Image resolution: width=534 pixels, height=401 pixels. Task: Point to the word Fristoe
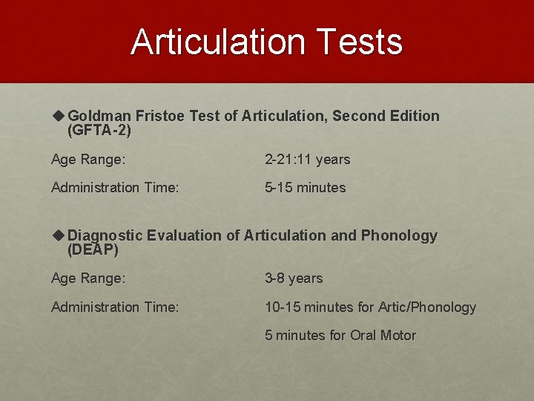(160, 117)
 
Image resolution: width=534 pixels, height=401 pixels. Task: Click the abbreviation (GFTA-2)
(99, 131)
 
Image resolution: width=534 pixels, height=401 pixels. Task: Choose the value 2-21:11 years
(307, 160)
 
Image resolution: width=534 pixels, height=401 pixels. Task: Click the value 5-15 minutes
(305, 188)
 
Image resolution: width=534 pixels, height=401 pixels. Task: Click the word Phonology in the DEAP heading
(399, 236)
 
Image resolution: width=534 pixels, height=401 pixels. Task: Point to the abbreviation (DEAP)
(93, 250)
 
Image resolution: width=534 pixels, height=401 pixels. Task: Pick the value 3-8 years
(294, 278)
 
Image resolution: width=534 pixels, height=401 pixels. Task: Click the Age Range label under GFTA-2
(88, 160)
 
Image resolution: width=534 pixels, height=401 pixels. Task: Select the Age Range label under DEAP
(88, 278)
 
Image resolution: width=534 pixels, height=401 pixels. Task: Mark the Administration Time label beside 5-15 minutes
(115, 188)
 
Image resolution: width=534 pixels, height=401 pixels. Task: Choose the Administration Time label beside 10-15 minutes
(115, 307)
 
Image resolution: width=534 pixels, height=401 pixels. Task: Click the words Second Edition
(386, 117)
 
